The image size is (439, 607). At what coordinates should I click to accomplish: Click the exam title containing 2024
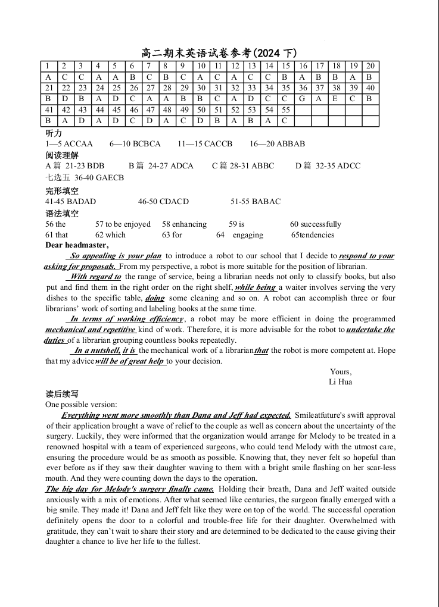(x=219, y=54)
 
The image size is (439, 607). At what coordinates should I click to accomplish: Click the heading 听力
(x=54, y=133)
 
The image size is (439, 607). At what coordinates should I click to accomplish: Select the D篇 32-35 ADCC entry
(x=328, y=166)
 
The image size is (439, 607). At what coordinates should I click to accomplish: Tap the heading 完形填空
(x=62, y=191)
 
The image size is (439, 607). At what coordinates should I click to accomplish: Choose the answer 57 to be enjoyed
(x=123, y=224)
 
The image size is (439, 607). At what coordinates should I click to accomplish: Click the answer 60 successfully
(x=316, y=224)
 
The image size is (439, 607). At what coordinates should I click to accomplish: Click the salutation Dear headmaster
(x=77, y=245)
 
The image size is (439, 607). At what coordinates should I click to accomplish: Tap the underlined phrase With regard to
(x=95, y=277)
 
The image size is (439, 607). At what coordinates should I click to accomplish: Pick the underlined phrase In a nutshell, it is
(x=105, y=351)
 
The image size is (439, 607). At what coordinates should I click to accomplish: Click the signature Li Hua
(x=340, y=382)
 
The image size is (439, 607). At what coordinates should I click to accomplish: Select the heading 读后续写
(x=62, y=394)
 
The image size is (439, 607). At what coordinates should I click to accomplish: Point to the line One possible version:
(x=81, y=405)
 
